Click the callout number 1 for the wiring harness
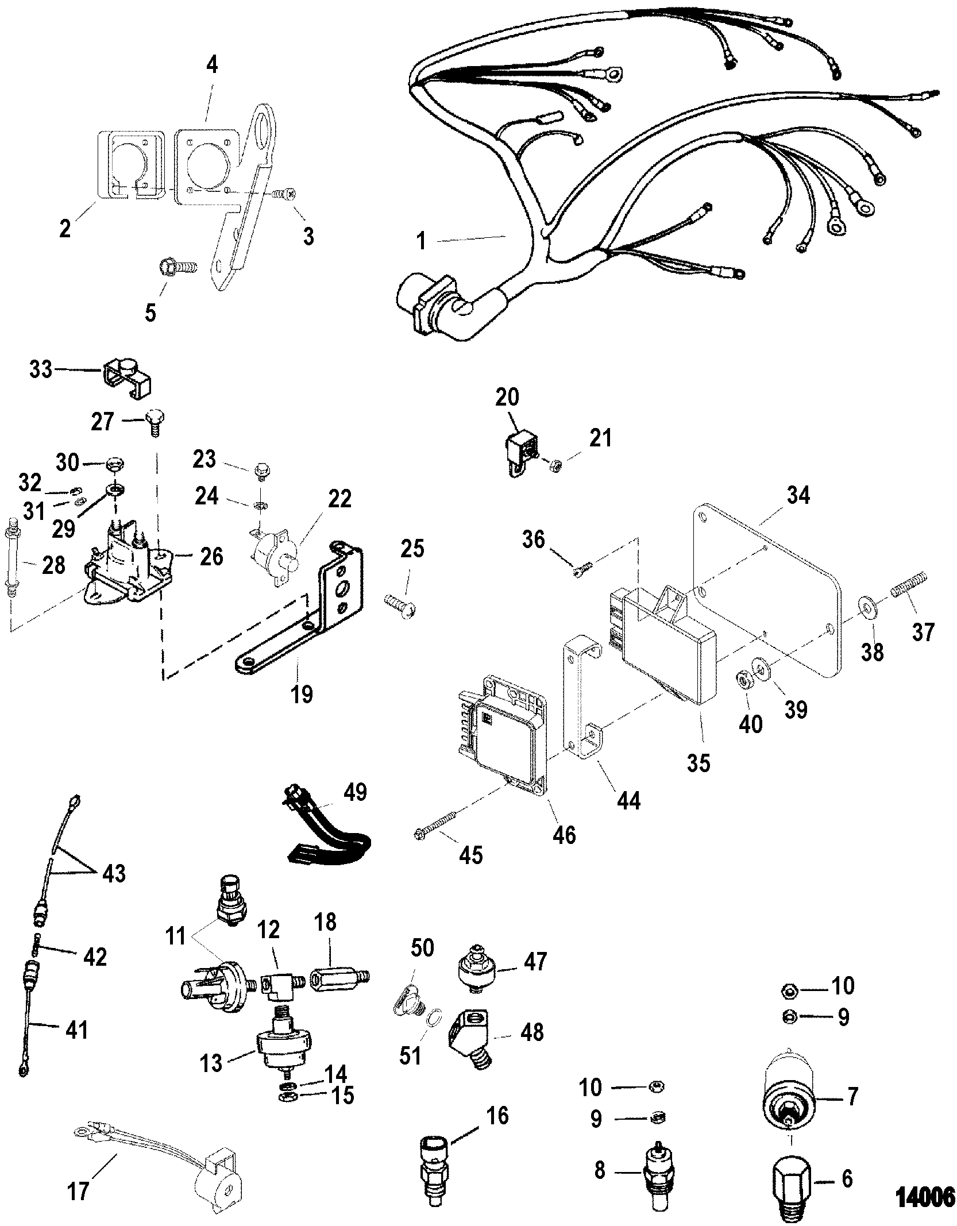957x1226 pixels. point(421,241)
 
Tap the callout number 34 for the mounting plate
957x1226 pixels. point(798,495)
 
